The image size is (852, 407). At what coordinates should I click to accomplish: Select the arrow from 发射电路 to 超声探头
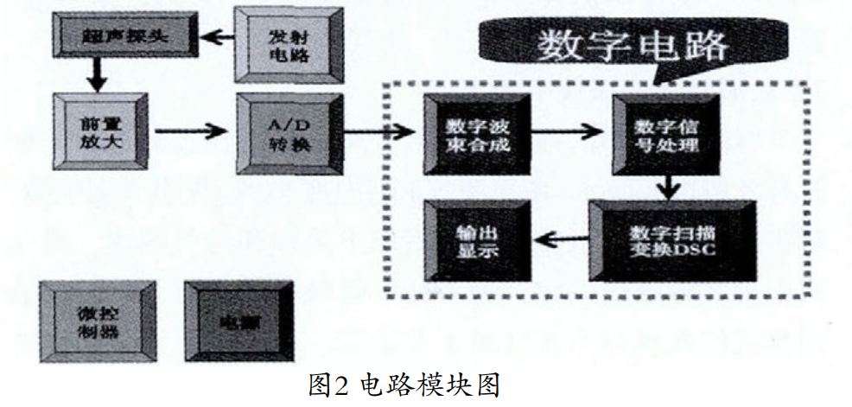click(216, 38)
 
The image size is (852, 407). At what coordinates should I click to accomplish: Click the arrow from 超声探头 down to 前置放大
click(97, 76)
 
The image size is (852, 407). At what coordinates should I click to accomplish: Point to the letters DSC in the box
click(698, 251)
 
